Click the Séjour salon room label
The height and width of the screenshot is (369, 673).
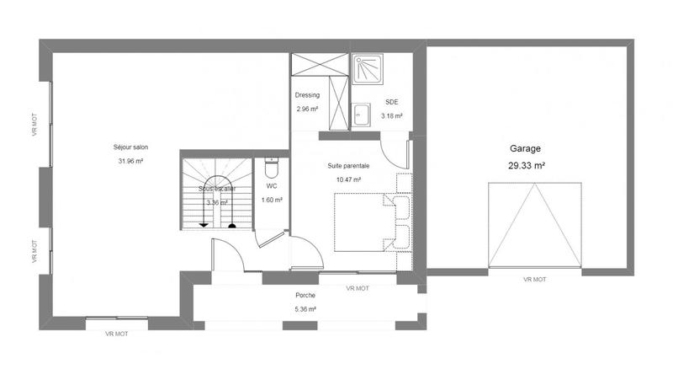(x=130, y=147)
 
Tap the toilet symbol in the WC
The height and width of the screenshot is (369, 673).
(x=271, y=163)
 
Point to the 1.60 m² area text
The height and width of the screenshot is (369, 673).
(x=272, y=200)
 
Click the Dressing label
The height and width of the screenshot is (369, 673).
(x=307, y=95)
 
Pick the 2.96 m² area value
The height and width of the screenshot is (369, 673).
(x=307, y=109)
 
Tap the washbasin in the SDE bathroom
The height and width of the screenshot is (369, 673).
(x=362, y=114)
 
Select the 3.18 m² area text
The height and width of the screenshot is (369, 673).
(x=391, y=115)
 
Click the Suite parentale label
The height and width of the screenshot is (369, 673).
(x=348, y=166)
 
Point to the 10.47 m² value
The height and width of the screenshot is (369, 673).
(x=348, y=179)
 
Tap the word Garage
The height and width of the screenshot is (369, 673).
(x=525, y=147)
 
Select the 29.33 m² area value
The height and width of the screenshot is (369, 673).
(x=527, y=166)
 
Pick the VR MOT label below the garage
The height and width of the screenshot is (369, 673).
(x=534, y=279)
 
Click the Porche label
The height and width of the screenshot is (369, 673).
(x=305, y=296)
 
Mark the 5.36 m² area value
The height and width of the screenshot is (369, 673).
(x=305, y=309)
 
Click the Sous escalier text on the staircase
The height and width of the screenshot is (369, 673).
(x=217, y=190)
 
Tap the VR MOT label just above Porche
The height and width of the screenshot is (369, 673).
(x=358, y=288)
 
